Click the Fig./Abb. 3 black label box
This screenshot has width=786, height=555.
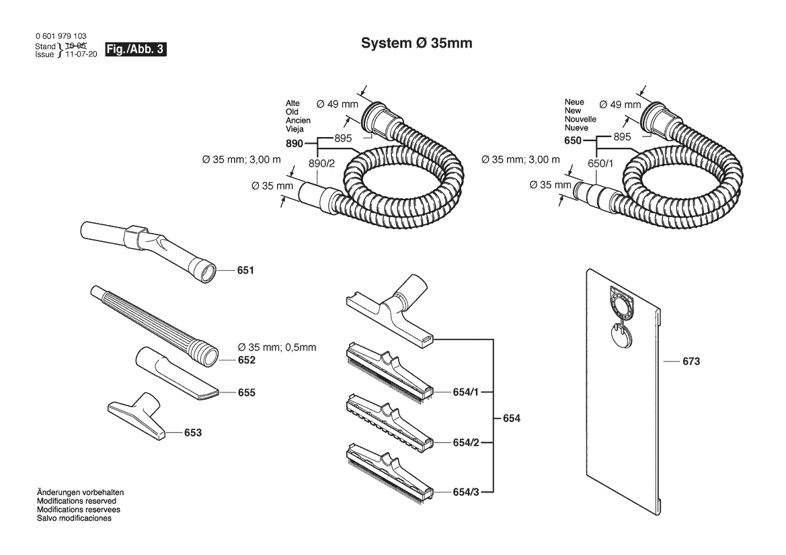(x=135, y=49)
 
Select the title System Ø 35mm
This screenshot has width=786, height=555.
(x=417, y=43)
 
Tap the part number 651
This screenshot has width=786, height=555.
(x=245, y=271)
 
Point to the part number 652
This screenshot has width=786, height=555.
(x=247, y=360)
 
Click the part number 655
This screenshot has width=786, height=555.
(x=247, y=392)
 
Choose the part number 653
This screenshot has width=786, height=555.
(x=193, y=433)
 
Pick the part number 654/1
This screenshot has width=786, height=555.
(x=466, y=392)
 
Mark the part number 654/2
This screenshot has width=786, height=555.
(x=466, y=442)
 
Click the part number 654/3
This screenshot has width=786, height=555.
(x=466, y=493)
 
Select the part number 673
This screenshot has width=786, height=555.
(x=691, y=361)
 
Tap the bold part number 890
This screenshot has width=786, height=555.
(x=294, y=144)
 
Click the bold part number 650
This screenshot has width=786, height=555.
(x=573, y=140)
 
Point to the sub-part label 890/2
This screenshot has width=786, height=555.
(x=322, y=164)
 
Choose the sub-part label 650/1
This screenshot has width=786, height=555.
(x=600, y=164)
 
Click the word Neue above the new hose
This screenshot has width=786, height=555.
(x=574, y=102)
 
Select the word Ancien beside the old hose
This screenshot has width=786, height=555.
(x=299, y=121)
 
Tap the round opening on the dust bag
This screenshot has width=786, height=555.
(x=621, y=304)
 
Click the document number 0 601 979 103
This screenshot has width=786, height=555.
(x=61, y=36)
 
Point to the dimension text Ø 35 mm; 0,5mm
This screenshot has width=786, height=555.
(x=277, y=347)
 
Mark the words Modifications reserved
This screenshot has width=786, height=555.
(x=77, y=501)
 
